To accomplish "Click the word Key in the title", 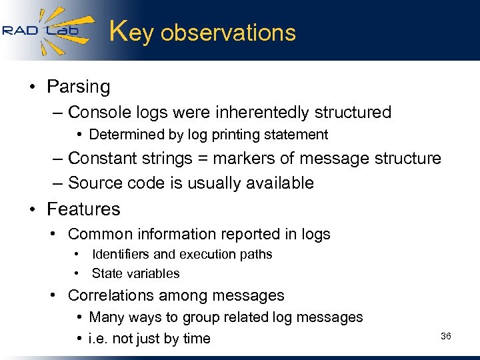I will pos(131,32).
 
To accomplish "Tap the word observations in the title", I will pos(228,33).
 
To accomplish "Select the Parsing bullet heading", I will pos(78,87).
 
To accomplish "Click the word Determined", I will pos(125,135).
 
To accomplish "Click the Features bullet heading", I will pos(83,209).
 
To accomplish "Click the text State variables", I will pos(135,273).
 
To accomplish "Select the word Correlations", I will pos(114,295).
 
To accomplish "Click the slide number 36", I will pos(446,336).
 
